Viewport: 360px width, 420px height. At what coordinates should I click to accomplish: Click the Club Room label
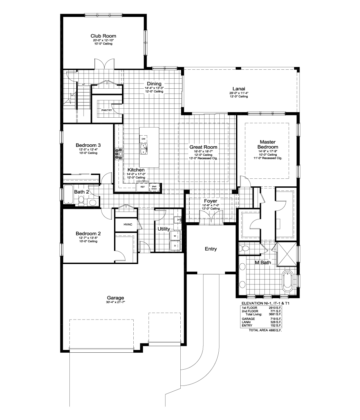coord(103,36)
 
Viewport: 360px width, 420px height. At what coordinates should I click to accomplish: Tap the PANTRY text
coord(106,110)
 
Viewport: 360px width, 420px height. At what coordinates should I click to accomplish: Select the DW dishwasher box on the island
coord(144,139)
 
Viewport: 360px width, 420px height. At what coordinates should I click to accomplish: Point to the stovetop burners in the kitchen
coord(119,154)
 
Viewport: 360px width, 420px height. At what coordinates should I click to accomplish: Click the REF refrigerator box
coord(142,187)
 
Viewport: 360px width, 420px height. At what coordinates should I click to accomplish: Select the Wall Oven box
coord(154,187)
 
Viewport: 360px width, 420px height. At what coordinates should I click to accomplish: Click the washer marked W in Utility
coord(175,236)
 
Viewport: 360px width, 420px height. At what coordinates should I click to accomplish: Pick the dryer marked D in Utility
coord(175,246)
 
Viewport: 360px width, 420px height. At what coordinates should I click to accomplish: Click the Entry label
coord(211,249)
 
